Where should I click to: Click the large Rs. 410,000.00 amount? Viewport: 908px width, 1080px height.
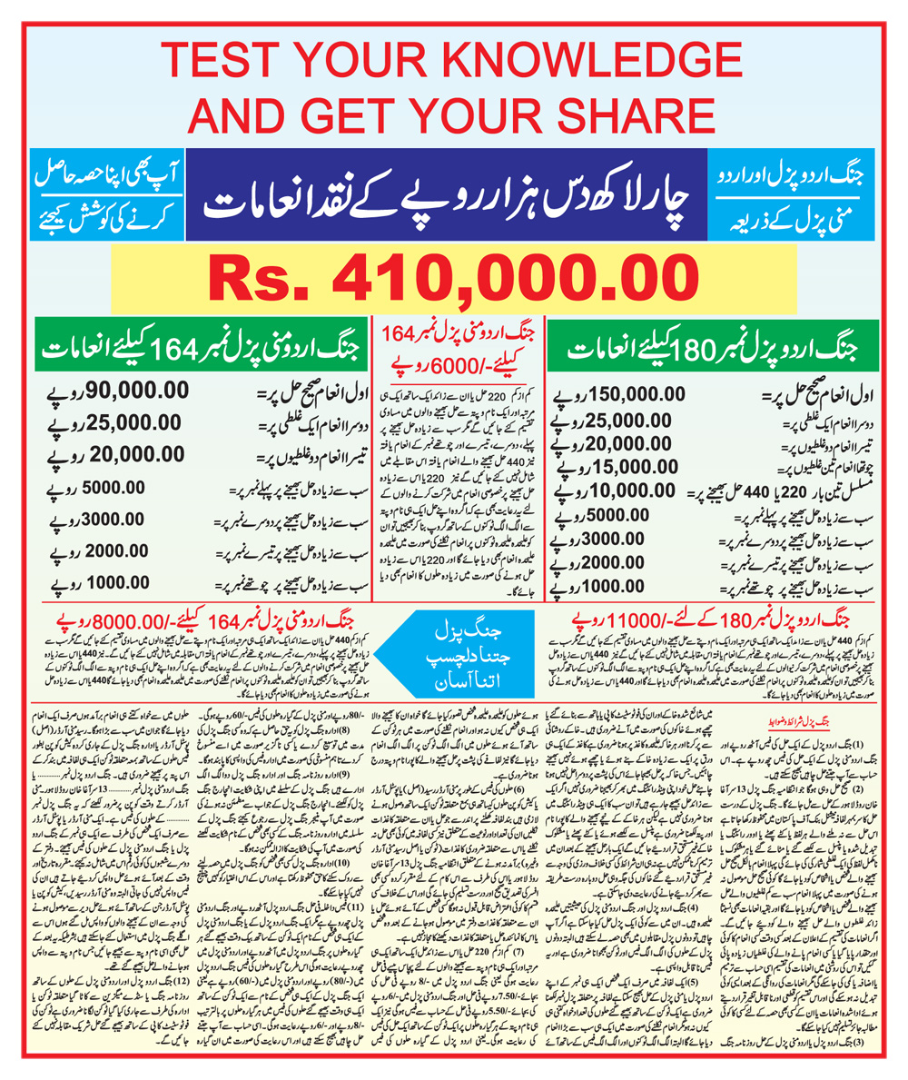click(x=454, y=275)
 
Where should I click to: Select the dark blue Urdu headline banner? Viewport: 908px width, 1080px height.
click(x=454, y=195)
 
